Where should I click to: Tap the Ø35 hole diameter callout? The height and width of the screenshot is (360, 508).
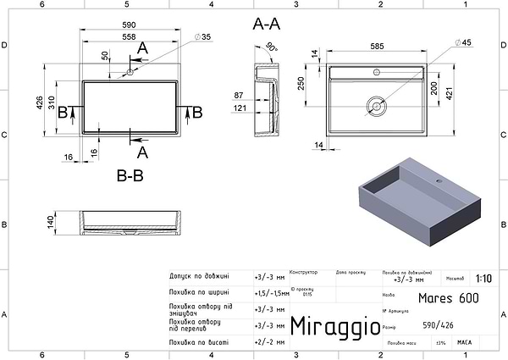point(202,36)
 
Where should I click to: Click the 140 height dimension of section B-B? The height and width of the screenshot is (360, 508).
point(49,222)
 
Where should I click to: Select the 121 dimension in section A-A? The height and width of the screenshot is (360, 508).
point(239,108)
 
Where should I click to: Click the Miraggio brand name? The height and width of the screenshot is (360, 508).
point(329,326)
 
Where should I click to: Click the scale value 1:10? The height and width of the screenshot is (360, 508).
point(483,277)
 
